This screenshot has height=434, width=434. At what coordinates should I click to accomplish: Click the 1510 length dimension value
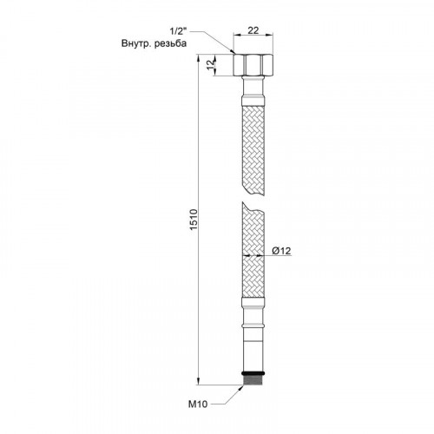click(x=194, y=220)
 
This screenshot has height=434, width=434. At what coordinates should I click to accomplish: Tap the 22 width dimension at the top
click(x=253, y=30)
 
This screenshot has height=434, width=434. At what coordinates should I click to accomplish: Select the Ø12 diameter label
click(x=281, y=251)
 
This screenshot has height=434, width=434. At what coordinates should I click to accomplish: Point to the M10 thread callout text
click(x=198, y=404)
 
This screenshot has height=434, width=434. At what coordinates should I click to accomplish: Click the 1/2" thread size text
click(x=178, y=30)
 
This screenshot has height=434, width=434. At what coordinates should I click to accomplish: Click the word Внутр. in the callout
click(x=136, y=43)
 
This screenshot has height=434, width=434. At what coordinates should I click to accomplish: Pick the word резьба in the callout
click(x=171, y=44)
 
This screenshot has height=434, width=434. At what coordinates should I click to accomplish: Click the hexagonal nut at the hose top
click(x=253, y=65)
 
